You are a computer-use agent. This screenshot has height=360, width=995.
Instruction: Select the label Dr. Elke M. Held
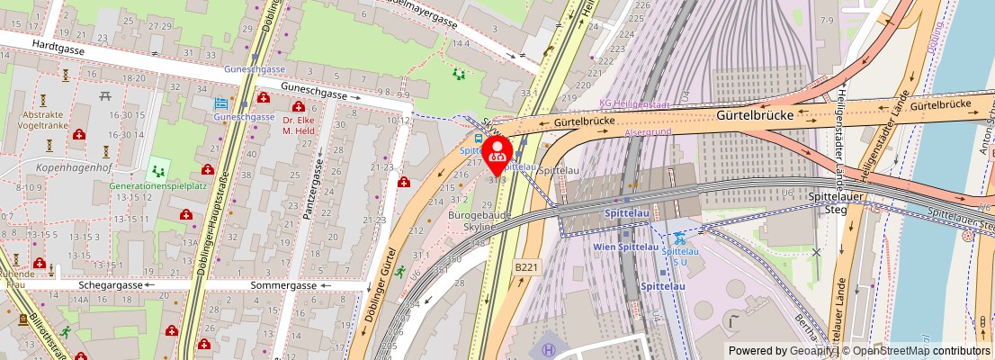click(301, 125)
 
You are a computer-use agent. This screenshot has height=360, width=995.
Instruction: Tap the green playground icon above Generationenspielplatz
click(158, 169)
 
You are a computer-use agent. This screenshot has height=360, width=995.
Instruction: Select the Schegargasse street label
click(112, 284)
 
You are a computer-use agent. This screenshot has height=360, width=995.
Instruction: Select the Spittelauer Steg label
click(830, 202)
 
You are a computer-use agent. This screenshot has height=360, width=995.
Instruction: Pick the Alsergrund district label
click(648, 132)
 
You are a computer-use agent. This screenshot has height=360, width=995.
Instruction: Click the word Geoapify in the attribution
click(810, 351)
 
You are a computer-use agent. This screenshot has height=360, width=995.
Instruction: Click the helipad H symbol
click(548, 347)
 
